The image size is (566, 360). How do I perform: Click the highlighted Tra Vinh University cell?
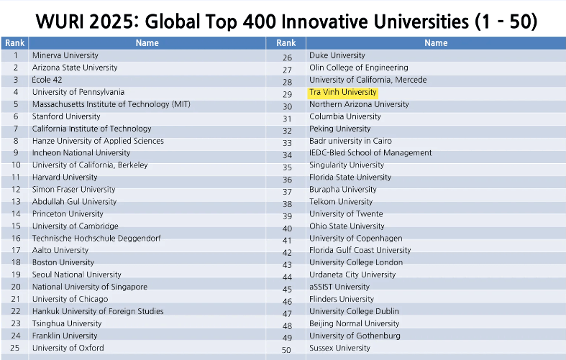[x=343, y=93]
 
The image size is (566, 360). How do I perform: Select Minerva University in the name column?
[x=65, y=55]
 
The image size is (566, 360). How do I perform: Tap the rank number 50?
[x=287, y=350]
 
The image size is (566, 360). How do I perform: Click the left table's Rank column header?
[x=14, y=43]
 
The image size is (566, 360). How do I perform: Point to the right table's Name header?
[x=436, y=43]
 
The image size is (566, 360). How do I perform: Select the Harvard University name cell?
[x=65, y=177]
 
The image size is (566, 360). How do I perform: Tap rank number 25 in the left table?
[x=15, y=348]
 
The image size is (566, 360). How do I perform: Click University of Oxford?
[x=68, y=348]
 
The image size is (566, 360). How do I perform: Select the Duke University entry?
[x=337, y=55]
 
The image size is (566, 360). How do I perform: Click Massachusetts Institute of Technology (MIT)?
[x=111, y=104]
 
